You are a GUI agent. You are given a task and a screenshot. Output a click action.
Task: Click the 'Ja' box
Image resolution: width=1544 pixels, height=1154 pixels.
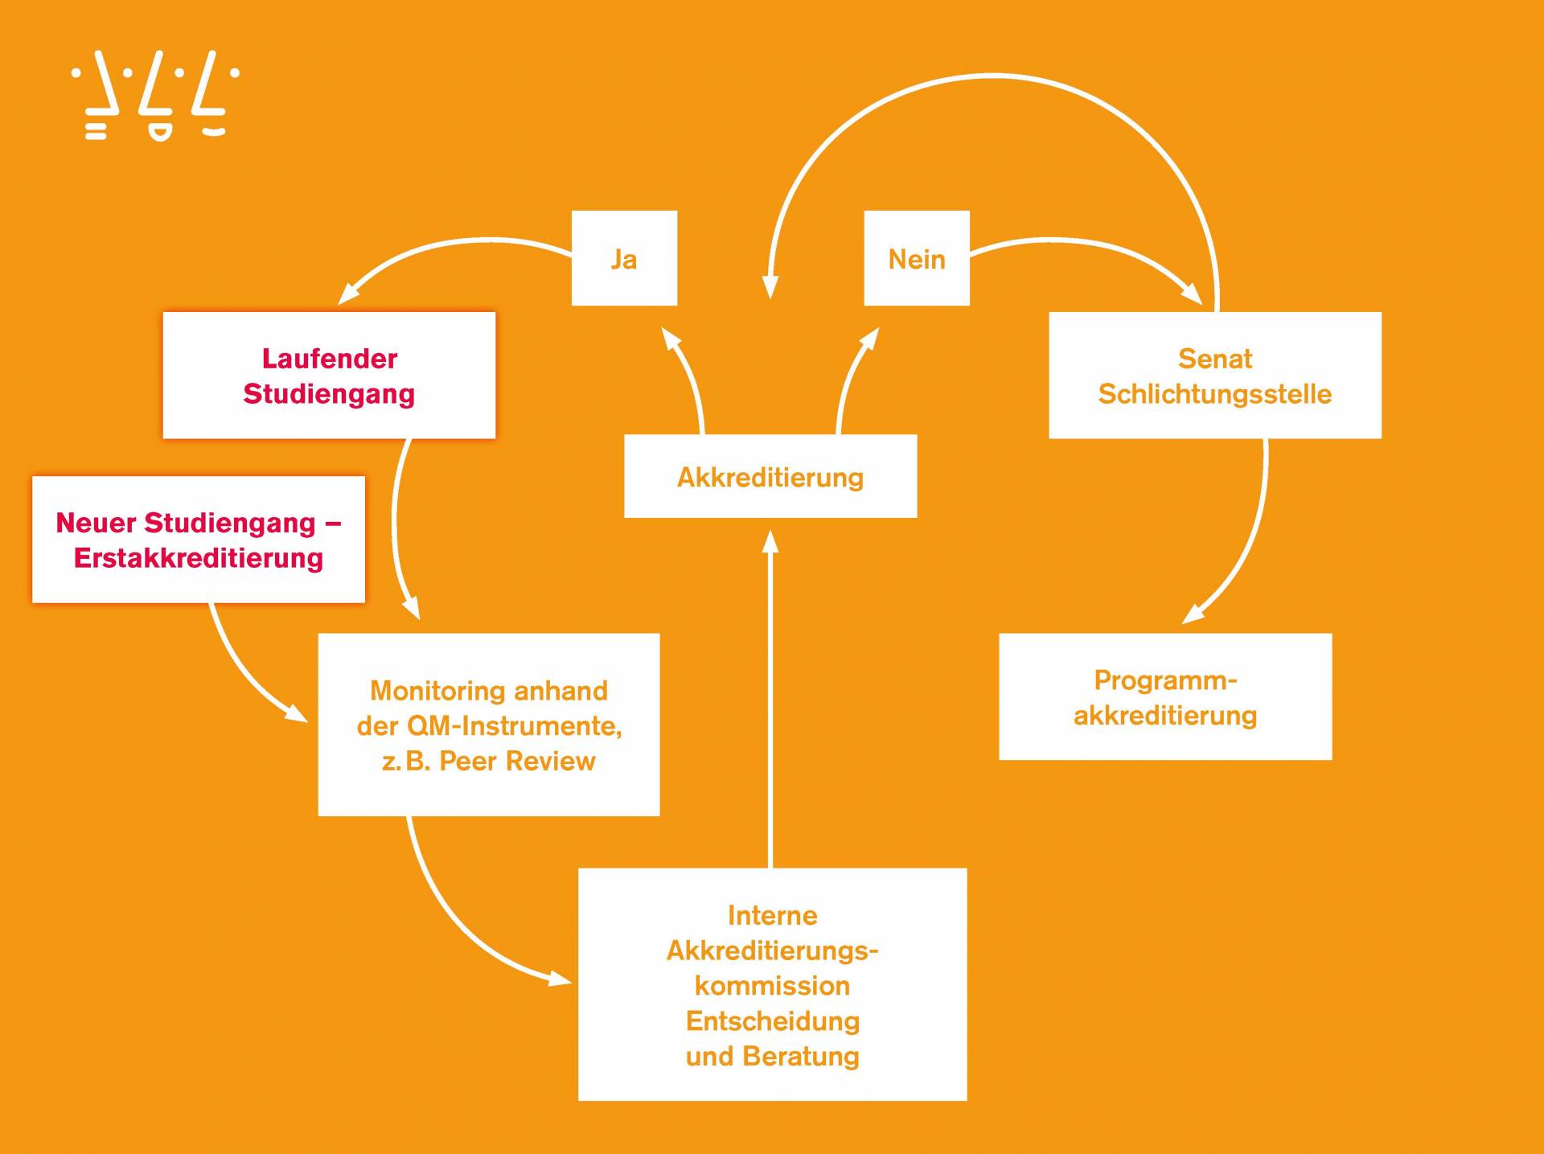point(624,258)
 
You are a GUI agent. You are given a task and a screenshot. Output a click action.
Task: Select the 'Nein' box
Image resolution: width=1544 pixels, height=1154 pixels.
point(917,258)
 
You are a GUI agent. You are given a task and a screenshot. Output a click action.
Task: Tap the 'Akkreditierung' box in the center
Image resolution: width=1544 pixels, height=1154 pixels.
point(770,476)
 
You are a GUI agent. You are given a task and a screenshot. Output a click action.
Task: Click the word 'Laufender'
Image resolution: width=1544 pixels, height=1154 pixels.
point(330,359)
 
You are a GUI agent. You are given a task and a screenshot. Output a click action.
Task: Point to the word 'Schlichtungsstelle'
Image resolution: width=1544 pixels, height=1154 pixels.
point(1214,394)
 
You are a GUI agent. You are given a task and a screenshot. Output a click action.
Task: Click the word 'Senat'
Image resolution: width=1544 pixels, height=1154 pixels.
point(1214,359)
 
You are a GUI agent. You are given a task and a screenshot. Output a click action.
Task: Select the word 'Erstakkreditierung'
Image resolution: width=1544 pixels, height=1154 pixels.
point(199,558)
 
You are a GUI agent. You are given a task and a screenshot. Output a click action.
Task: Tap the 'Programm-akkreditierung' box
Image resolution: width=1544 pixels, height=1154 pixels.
point(1165,696)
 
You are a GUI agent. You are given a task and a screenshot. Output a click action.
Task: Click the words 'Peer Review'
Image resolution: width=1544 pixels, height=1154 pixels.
point(517,761)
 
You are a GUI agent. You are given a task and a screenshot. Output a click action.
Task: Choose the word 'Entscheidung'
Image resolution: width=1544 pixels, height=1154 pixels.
point(773,1021)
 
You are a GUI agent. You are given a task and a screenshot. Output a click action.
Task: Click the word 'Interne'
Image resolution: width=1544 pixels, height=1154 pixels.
point(773,915)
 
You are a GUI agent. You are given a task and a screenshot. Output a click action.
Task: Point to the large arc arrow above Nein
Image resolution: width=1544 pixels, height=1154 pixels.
point(989,77)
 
